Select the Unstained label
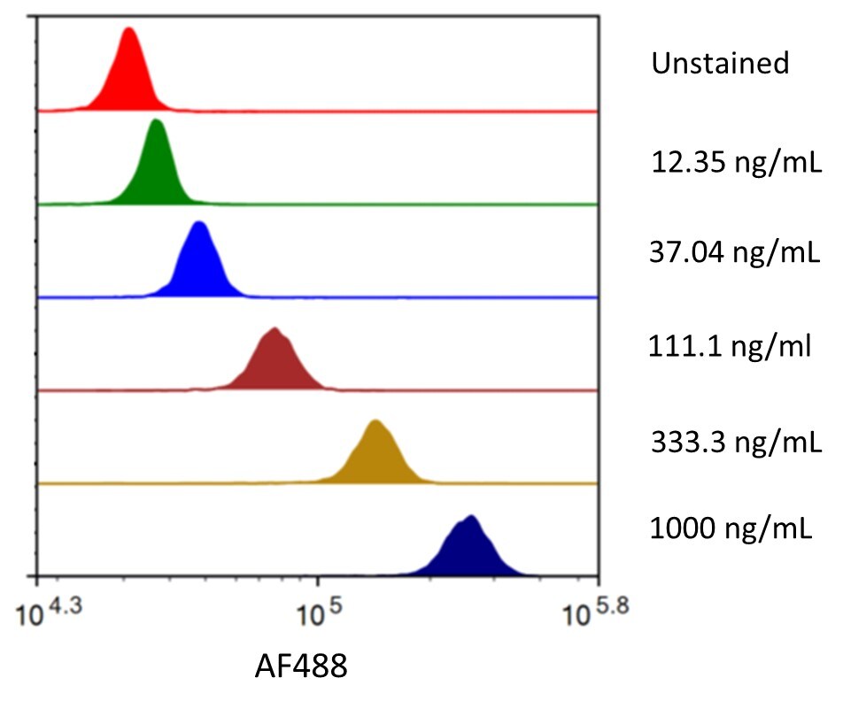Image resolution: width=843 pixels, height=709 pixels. (720, 64)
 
